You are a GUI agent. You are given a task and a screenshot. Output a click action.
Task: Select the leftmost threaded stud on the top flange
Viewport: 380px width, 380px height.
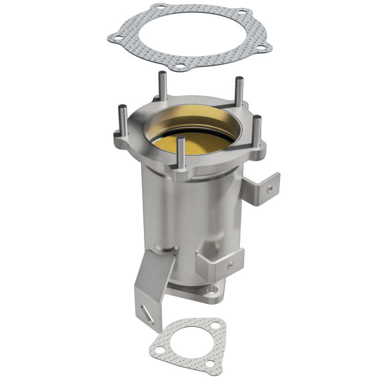[x=122, y=122]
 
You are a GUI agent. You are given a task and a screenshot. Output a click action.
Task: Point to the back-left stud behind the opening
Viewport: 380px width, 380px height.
[x=163, y=85]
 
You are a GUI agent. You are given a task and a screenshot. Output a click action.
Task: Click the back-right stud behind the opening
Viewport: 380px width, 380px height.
[x=239, y=92]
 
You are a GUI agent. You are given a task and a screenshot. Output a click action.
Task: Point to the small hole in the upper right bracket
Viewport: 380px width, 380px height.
[x=269, y=190]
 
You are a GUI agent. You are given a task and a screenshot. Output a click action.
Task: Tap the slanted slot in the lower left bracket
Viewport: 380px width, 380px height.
[x=148, y=314]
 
